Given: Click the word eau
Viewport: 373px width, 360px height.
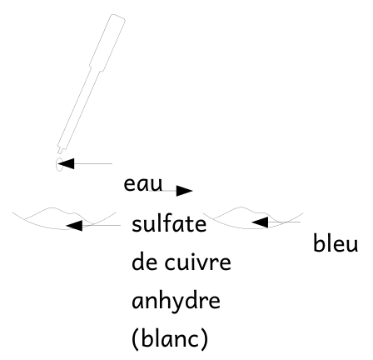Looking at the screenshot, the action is [x=143, y=184].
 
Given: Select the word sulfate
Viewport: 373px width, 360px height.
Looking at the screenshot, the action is [x=169, y=224].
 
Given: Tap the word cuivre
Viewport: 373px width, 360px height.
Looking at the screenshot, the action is [x=197, y=262].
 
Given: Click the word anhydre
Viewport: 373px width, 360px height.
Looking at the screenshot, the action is [x=176, y=301].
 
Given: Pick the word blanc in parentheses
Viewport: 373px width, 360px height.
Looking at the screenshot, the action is [x=170, y=339].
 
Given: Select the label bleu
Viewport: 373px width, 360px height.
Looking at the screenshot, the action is [x=336, y=243].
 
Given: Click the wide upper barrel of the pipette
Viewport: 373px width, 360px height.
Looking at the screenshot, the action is [x=107, y=42].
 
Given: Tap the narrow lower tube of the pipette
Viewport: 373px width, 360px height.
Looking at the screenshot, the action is [x=79, y=109].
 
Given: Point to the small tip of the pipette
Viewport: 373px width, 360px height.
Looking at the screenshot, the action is [x=60, y=150].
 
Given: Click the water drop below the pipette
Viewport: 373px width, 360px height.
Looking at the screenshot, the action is [x=60, y=164].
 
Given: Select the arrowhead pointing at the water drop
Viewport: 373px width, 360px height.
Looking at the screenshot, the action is [x=66, y=163].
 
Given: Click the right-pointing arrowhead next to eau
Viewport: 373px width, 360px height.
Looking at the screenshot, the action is [x=184, y=191].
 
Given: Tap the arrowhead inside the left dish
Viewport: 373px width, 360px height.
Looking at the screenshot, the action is [x=74, y=225].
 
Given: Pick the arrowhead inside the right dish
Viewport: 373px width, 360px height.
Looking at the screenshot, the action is [x=260, y=222].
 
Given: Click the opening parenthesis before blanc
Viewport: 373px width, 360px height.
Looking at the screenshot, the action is [x=136, y=339].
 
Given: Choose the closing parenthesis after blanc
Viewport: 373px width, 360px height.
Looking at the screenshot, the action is [x=204, y=339].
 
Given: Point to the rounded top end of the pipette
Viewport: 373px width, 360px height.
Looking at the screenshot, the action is [x=118, y=17].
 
